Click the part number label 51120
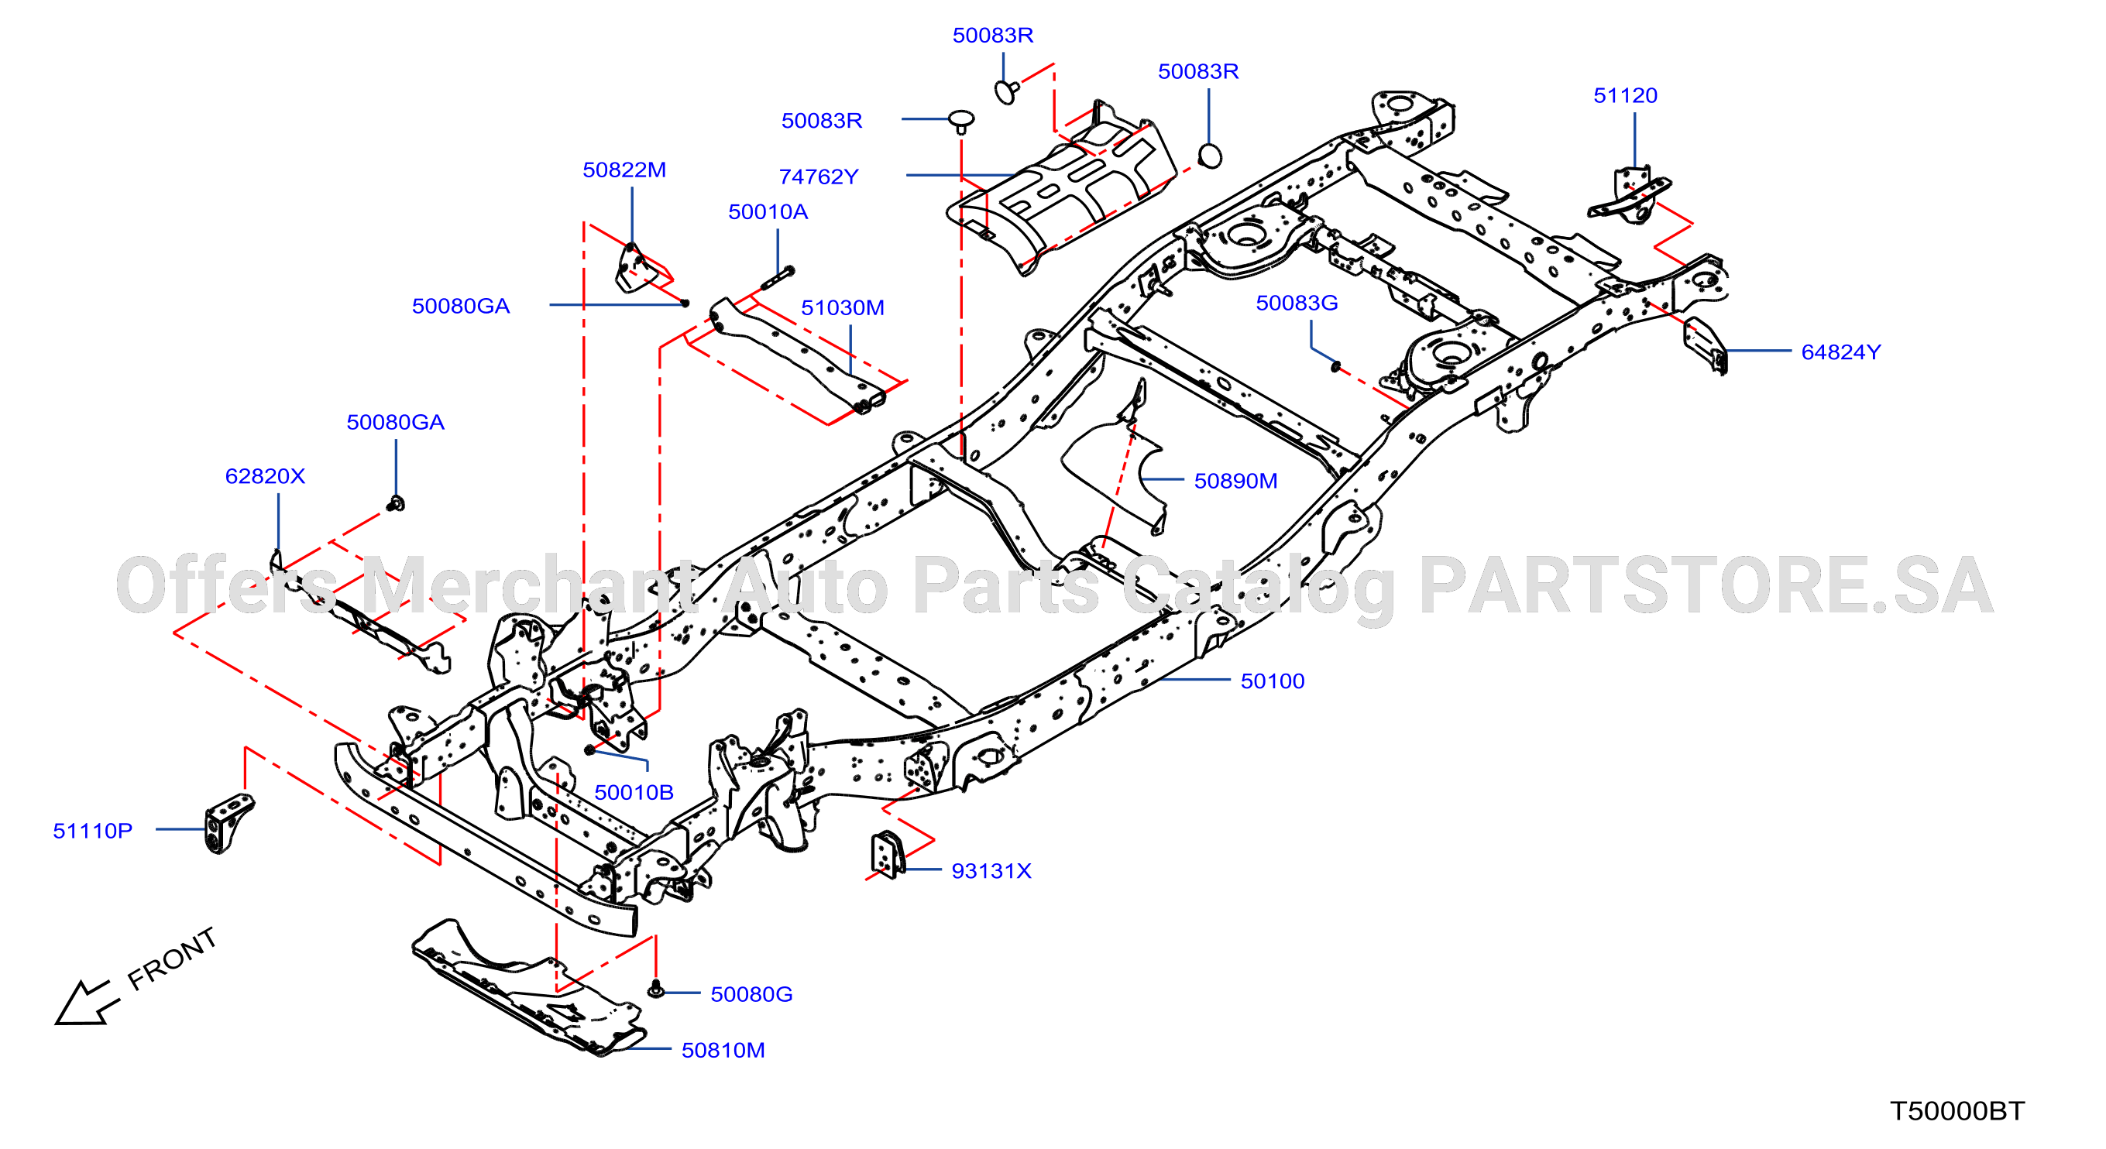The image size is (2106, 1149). tap(1625, 95)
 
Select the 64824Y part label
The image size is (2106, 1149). tap(1841, 352)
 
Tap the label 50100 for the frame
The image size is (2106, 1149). tap(1272, 681)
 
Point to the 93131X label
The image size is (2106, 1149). tap(991, 871)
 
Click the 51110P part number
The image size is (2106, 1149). tap(92, 831)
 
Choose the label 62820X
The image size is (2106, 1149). tap(265, 476)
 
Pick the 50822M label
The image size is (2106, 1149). tap(624, 170)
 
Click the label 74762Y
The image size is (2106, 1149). tap(819, 177)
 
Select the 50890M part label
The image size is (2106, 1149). tap(1235, 482)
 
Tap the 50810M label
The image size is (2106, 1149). tap(723, 1051)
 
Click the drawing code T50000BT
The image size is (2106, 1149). tap(1957, 1111)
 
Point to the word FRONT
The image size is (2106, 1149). tap(173, 959)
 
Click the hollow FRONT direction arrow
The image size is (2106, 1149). tap(84, 1002)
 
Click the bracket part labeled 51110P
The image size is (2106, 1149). tap(227, 822)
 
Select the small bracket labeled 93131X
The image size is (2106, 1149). tap(887, 855)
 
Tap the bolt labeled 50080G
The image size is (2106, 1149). tap(654, 990)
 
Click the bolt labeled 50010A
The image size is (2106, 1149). tap(778, 278)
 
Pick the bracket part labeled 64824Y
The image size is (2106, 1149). tap(1706, 345)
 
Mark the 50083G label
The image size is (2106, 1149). tap(1297, 304)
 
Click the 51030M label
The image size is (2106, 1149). tap(842, 308)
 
